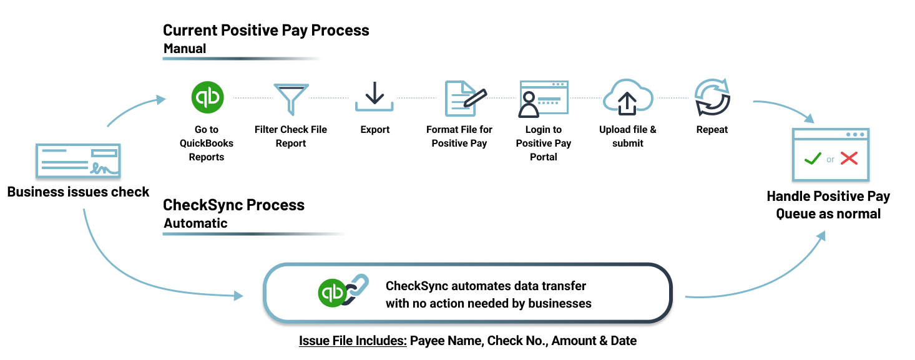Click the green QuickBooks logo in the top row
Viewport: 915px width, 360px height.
[x=207, y=97]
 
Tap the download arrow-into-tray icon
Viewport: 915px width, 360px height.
[x=374, y=97]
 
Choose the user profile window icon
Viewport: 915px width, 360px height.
[x=543, y=99]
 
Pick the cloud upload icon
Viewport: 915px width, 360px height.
[x=628, y=97]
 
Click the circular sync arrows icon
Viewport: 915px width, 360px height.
[x=712, y=97]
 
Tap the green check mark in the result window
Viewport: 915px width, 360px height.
[x=813, y=158]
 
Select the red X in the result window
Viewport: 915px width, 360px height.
[x=849, y=158]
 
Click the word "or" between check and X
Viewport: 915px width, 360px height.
[x=830, y=160]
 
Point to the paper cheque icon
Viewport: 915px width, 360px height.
[x=78, y=162]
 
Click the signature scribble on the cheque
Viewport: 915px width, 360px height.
[x=104, y=168]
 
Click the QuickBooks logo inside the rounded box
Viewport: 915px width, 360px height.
[x=332, y=293]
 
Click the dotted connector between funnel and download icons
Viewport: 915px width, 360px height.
[x=331, y=98]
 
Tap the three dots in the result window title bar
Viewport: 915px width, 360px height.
[x=855, y=135]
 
